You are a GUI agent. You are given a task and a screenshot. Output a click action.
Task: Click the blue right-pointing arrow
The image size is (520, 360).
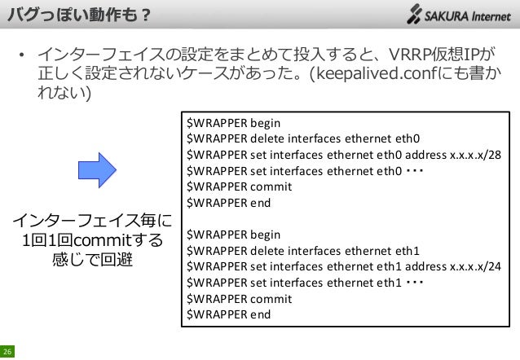click(x=98, y=169)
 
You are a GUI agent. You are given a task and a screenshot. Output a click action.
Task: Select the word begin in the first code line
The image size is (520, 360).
click(x=264, y=123)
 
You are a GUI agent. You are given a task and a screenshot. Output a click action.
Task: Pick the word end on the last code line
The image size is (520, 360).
click(x=260, y=314)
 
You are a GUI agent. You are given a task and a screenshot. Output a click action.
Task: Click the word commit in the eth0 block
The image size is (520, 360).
click(x=270, y=186)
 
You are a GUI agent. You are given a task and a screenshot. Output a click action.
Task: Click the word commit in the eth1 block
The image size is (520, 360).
click(x=270, y=298)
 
